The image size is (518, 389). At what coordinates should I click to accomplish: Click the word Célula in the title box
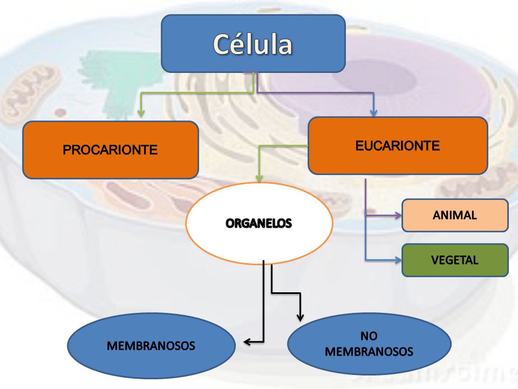253,44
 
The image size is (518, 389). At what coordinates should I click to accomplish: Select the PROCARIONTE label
110,150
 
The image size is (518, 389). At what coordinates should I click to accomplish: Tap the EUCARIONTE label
398,145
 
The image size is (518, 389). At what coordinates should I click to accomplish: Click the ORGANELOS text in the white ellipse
258,224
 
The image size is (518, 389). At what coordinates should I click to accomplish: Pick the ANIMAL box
455,216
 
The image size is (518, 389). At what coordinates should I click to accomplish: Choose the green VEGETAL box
455,260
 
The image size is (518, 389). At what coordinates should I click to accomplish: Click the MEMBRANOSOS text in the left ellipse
151,346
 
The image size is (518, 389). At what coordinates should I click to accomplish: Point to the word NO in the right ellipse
369,336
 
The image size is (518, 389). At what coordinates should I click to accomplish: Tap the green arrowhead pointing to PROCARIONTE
141,113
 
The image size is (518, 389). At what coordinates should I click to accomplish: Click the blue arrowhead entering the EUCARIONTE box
373,112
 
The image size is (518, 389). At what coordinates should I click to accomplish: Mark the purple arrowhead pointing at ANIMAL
398,216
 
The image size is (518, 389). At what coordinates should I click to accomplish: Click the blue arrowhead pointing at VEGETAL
398,260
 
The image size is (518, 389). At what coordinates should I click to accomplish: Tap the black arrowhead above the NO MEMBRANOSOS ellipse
300,317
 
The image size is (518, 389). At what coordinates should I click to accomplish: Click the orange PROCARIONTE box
111,150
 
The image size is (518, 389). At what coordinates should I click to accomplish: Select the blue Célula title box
254,43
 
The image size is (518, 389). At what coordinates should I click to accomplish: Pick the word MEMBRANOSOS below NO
369,352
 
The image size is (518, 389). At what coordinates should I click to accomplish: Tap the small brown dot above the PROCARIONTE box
60,113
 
